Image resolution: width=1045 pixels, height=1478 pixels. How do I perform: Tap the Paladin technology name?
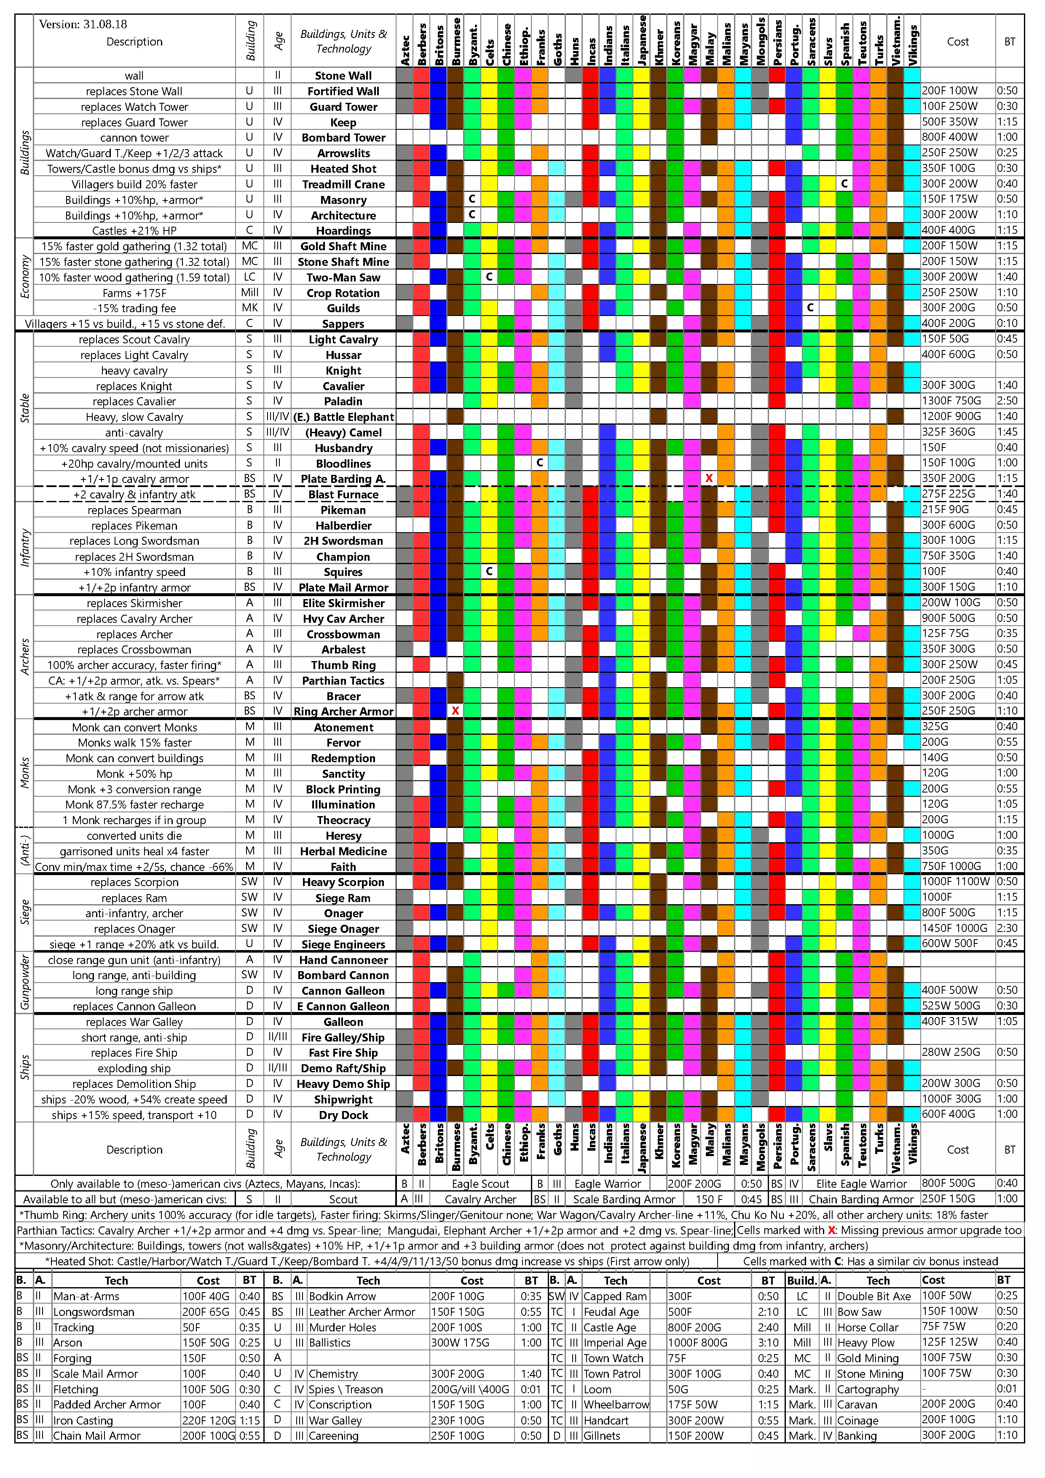click(x=343, y=402)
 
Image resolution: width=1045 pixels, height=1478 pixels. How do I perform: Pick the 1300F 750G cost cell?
click(x=951, y=401)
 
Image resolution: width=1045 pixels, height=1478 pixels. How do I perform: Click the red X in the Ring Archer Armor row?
click(x=455, y=711)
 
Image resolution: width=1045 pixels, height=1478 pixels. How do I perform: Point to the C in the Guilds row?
click(x=810, y=308)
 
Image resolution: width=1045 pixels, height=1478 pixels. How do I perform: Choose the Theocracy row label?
click(x=343, y=820)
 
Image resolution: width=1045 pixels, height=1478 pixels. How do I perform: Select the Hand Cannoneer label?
click(x=343, y=960)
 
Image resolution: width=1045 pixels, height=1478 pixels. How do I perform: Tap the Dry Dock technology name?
click(x=343, y=1115)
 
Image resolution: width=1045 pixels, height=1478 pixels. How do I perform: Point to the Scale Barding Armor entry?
click(x=624, y=1199)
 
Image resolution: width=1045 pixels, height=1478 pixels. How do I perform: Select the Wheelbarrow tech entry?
click(x=616, y=1405)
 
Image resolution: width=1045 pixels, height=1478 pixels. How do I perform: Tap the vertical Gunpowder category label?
click(x=24, y=983)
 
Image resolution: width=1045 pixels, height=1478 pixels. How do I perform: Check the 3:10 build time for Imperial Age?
click(x=768, y=1343)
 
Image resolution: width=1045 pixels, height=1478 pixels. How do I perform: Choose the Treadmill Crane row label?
click(x=343, y=184)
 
